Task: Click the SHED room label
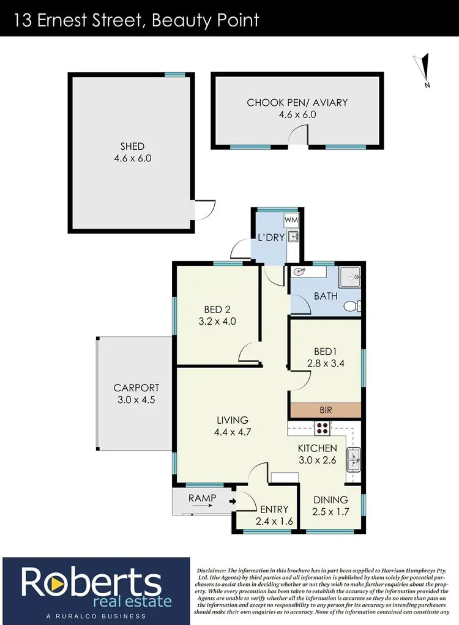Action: pyautogui.click(x=132, y=146)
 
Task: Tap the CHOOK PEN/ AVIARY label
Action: pyautogui.click(x=297, y=103)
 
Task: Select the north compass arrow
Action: pyautogui.click(x=424, y=67)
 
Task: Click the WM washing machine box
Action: pyautogui.click(x=291, y=219)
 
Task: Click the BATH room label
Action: pyautogui.click(x=326, y=296)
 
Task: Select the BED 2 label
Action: pyautogui.click(x=217, y=309)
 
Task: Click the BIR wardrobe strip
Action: pyautogui.click(x=325, y=410)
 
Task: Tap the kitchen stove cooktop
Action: pyautogui.click(x=323, y=427)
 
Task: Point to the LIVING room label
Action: pyautogui.click(x=233, y=420)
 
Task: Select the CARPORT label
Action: pyautogui.click(x=136, y=388)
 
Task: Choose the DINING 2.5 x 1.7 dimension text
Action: pyautogui.click(x=330, y=512)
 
